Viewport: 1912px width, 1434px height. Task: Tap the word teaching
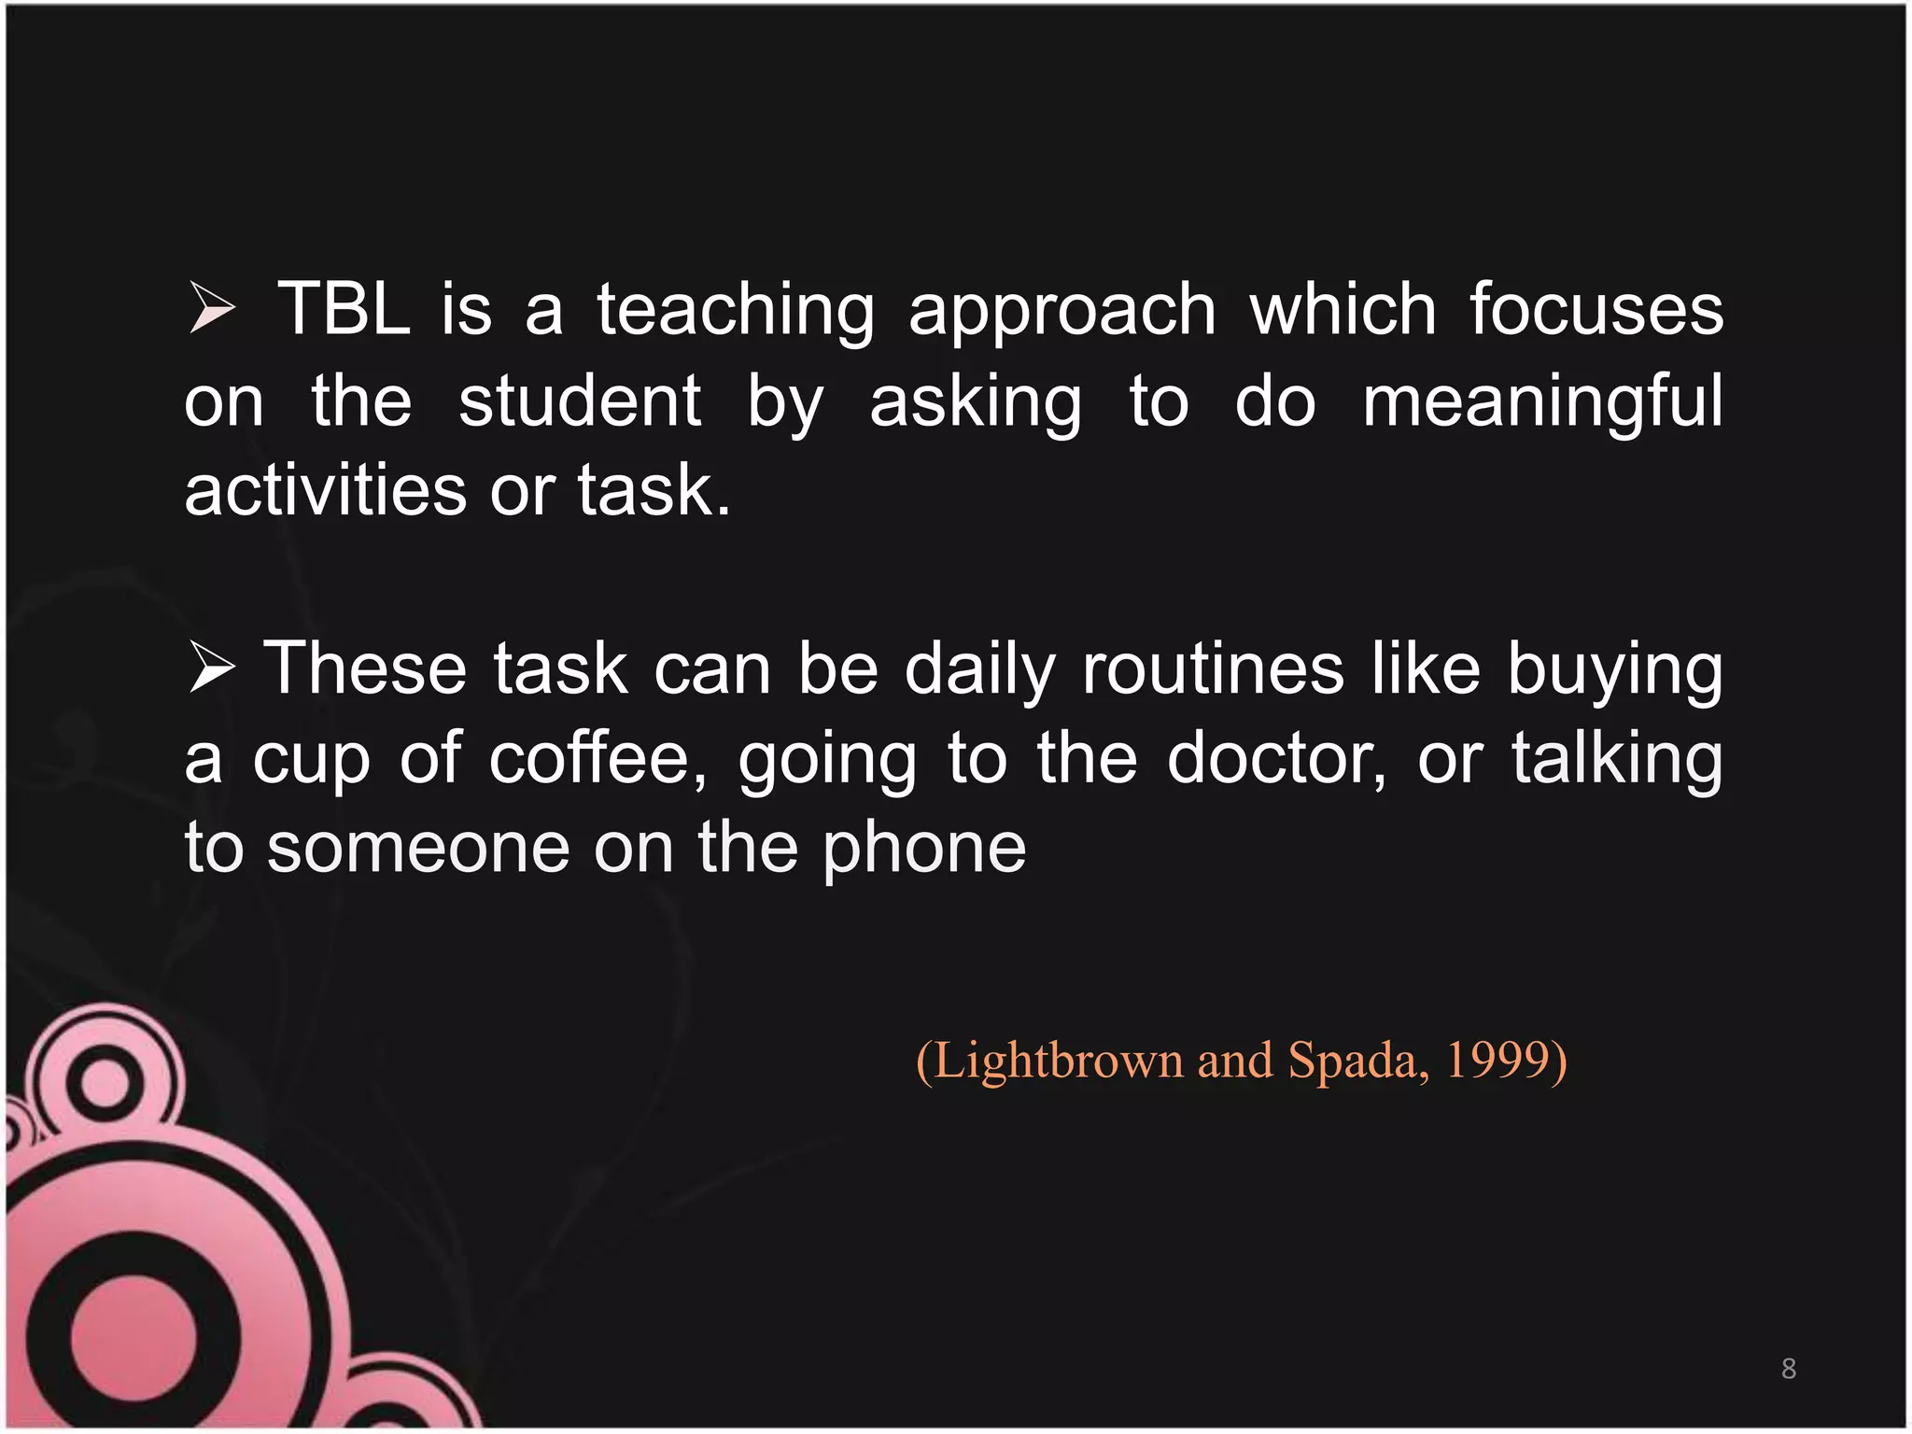736,311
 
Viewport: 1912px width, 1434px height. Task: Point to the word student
580,401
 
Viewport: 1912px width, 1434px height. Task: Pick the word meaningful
1542,402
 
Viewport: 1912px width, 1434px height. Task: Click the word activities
325,490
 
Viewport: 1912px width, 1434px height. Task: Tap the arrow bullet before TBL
211,308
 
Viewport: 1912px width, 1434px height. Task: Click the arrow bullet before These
211,668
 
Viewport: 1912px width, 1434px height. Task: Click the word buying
1615,670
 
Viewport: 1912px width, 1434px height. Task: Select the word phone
924,850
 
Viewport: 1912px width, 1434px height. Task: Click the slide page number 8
1789,1369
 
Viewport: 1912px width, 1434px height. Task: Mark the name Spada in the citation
1356,1061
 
